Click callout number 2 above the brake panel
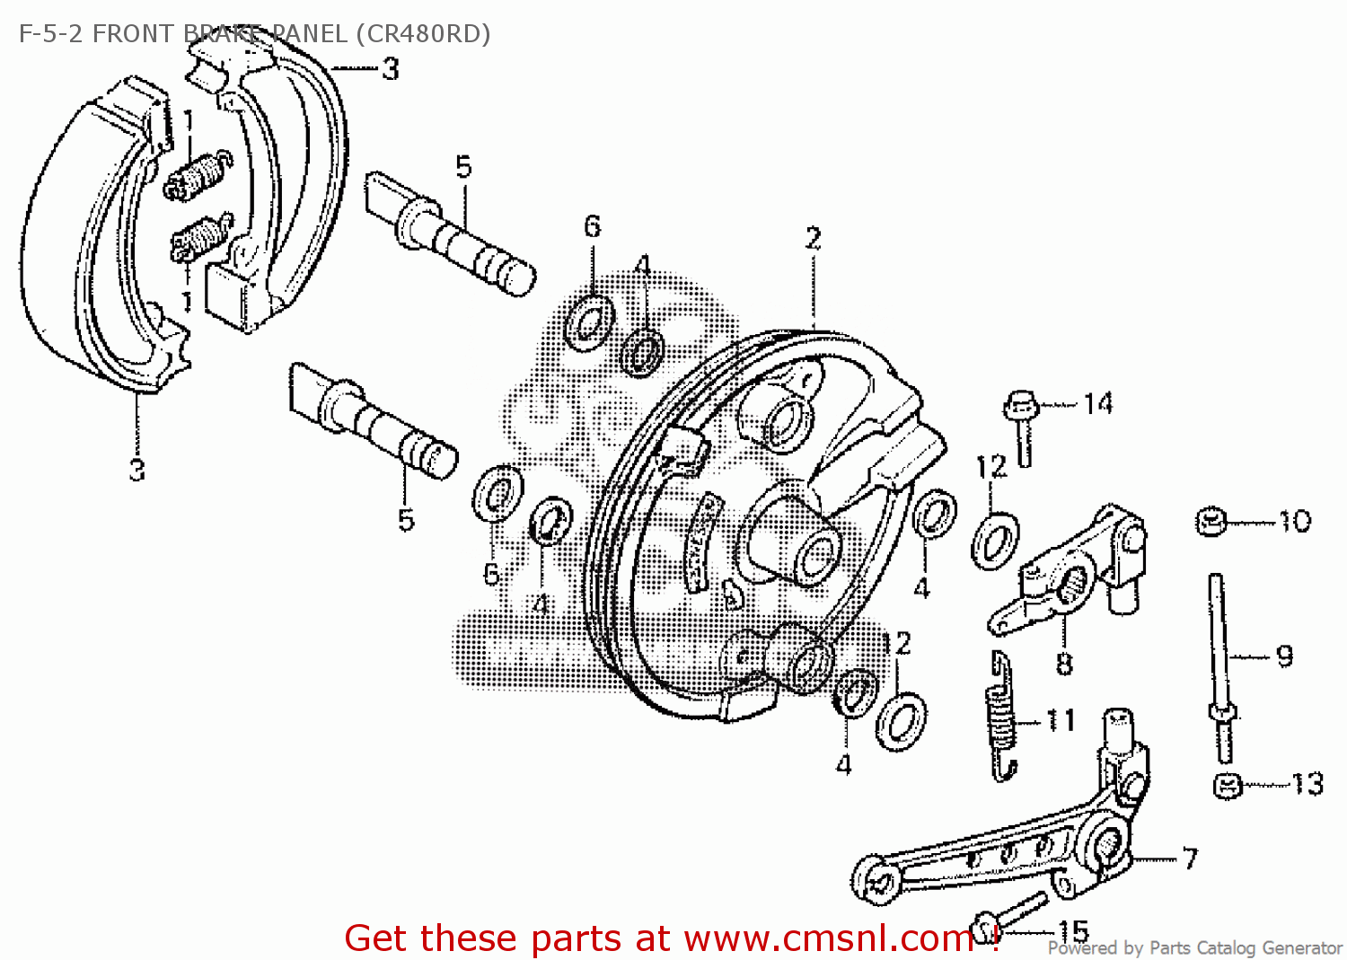click(813, 239)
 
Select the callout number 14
click(1097, 404)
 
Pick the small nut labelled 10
click(1211, 521)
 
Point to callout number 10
click(1294, 521)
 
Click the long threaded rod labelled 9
click(1219, 656)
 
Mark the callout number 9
click(1284, 656)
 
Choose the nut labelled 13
click(1227, 786)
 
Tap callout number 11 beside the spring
click(1060, 720)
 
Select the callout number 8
click(1064, 665)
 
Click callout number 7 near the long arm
click(1190, 859)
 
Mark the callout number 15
click(1073, 931)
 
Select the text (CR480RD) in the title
click(422, 34)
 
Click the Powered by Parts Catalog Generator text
click(1194, 948)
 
